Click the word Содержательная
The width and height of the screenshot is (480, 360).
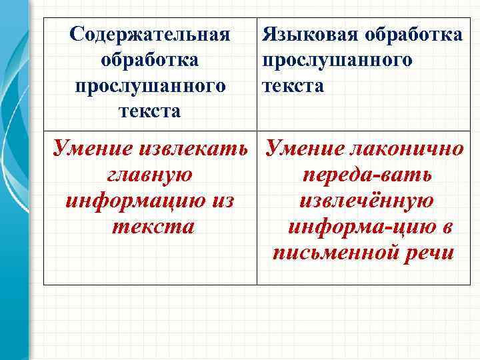click(x=150, y=34)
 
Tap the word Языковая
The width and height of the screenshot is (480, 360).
click(x=303, y=34)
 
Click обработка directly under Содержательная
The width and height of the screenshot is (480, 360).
click(x=150, y=60)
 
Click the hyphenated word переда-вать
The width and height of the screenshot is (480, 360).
click(x=367, y=175)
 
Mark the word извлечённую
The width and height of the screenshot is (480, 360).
click(x=367, y=201)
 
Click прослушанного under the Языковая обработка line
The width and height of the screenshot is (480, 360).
click(x=337, y=60)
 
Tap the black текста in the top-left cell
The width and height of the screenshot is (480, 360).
click(x=150, y=111)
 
